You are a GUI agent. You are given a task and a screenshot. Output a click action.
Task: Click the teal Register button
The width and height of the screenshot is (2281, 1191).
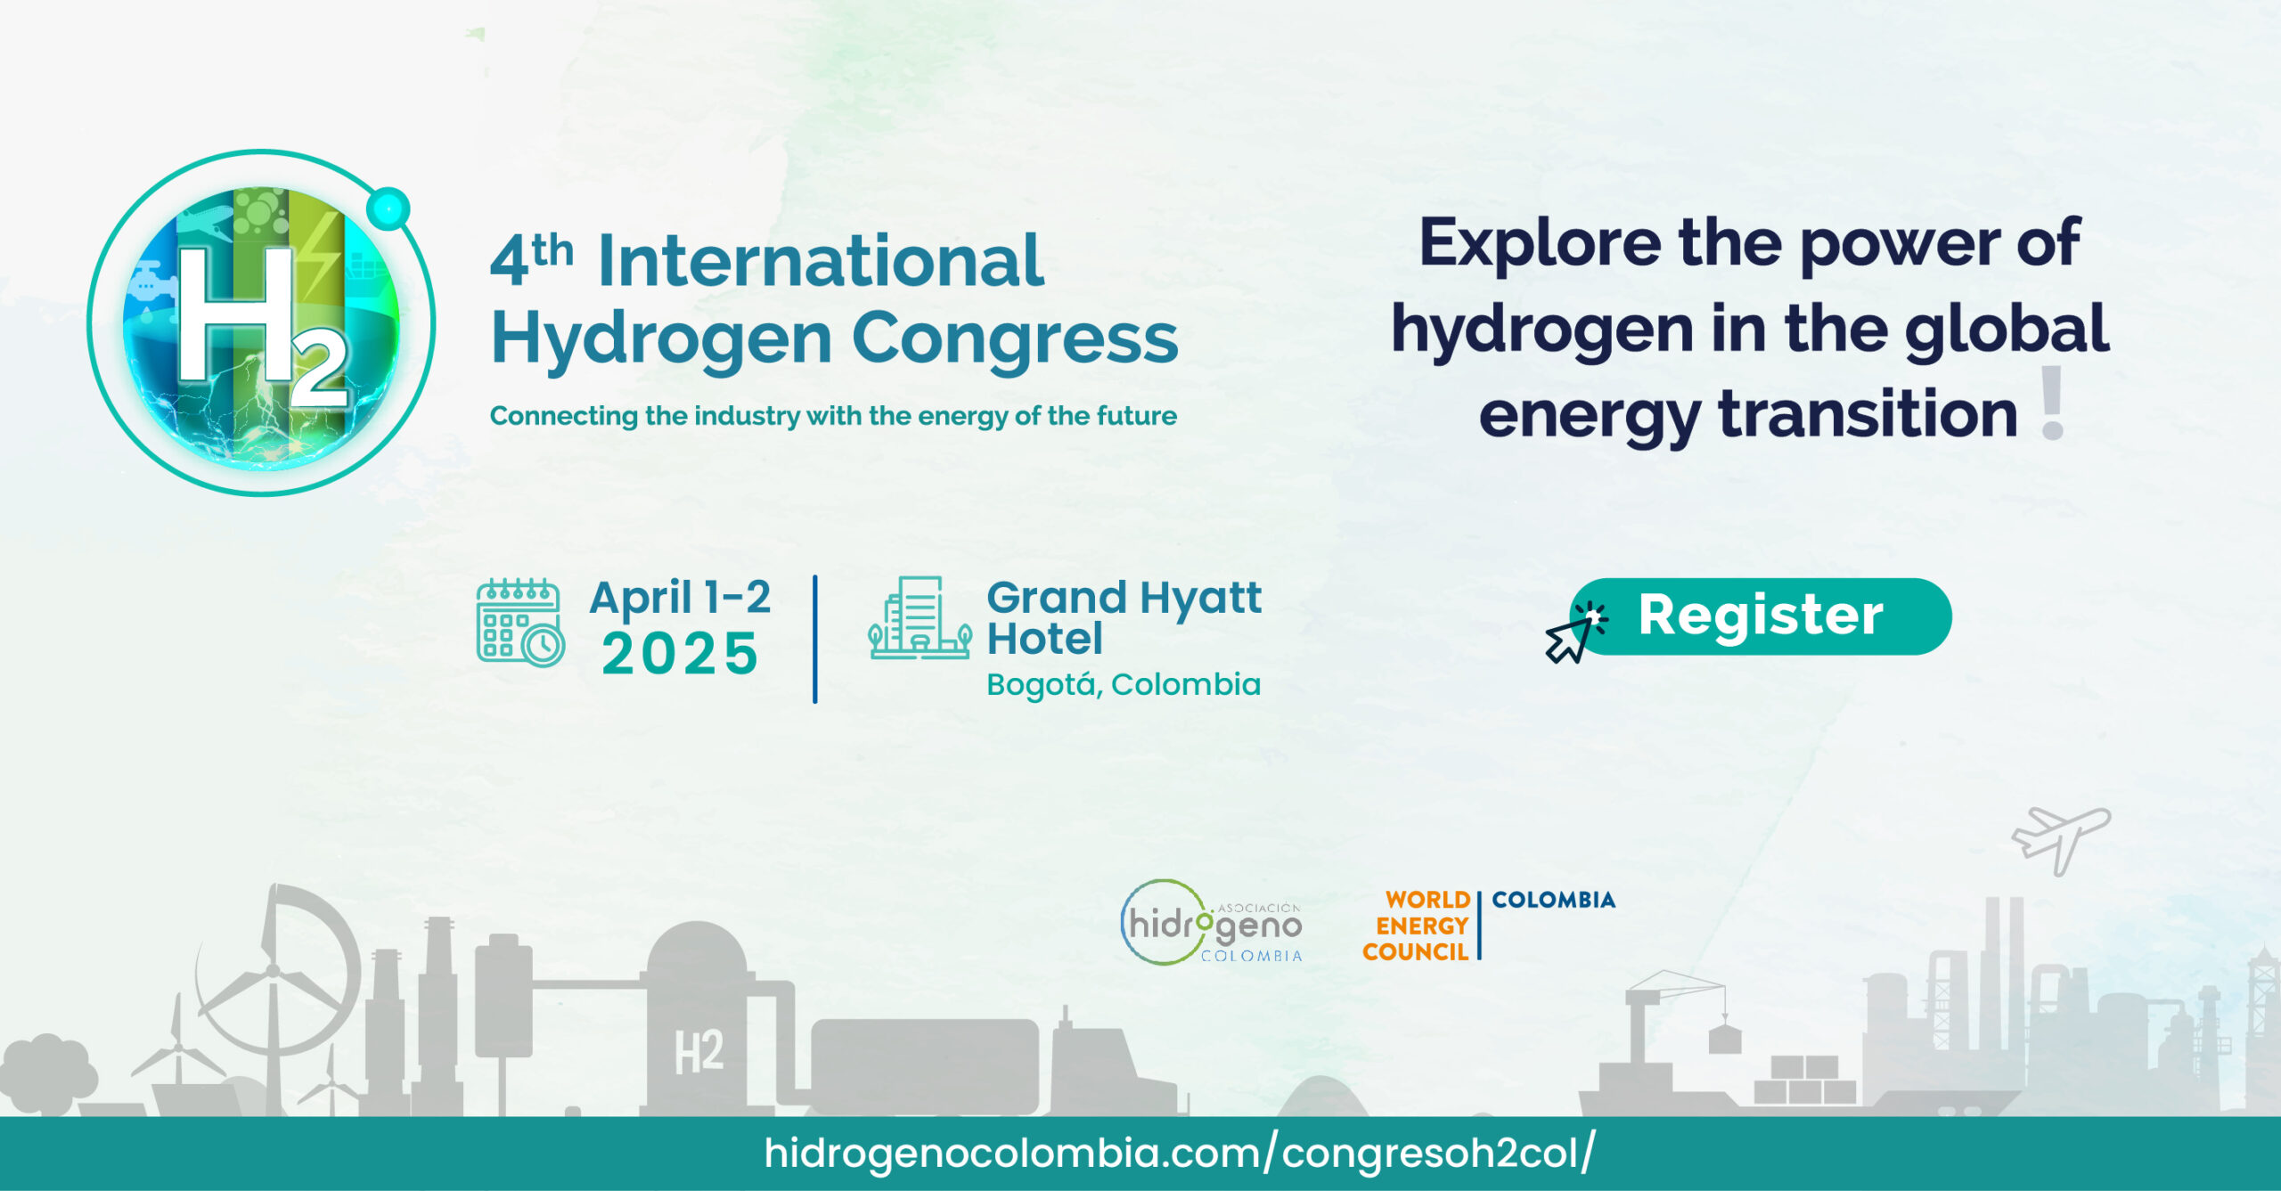(1761, 616)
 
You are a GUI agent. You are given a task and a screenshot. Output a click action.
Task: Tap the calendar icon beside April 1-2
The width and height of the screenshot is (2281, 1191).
(520, 622)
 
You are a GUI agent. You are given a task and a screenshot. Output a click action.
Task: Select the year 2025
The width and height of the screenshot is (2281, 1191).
(680, 654)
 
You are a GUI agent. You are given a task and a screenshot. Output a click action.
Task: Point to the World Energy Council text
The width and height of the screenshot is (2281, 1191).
(1416, 926)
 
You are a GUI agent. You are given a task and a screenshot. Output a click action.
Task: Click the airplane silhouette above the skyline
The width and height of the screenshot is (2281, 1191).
(2061, 839)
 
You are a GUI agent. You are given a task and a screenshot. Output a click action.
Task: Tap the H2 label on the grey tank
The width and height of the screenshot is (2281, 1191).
(699, 1052)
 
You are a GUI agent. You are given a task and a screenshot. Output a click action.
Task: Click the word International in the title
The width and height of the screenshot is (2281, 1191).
(821, 261)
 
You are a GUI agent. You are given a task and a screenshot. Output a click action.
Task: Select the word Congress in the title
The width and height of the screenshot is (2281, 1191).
(1015, 339)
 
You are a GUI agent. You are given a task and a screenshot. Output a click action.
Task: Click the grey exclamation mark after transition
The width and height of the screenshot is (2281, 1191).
(2053, 403)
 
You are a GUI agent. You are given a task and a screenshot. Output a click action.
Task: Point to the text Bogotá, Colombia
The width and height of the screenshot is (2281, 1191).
(1124, 685)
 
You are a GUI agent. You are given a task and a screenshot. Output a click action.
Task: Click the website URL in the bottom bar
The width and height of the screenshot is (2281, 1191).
(1180, 1154)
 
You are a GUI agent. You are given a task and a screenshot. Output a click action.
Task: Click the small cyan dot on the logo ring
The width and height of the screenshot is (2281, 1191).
(388, 209)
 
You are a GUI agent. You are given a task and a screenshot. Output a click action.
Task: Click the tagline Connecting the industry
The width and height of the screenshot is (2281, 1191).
(833, 416)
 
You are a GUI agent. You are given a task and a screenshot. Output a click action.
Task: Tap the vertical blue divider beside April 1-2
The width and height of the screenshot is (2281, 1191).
(814, 640)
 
